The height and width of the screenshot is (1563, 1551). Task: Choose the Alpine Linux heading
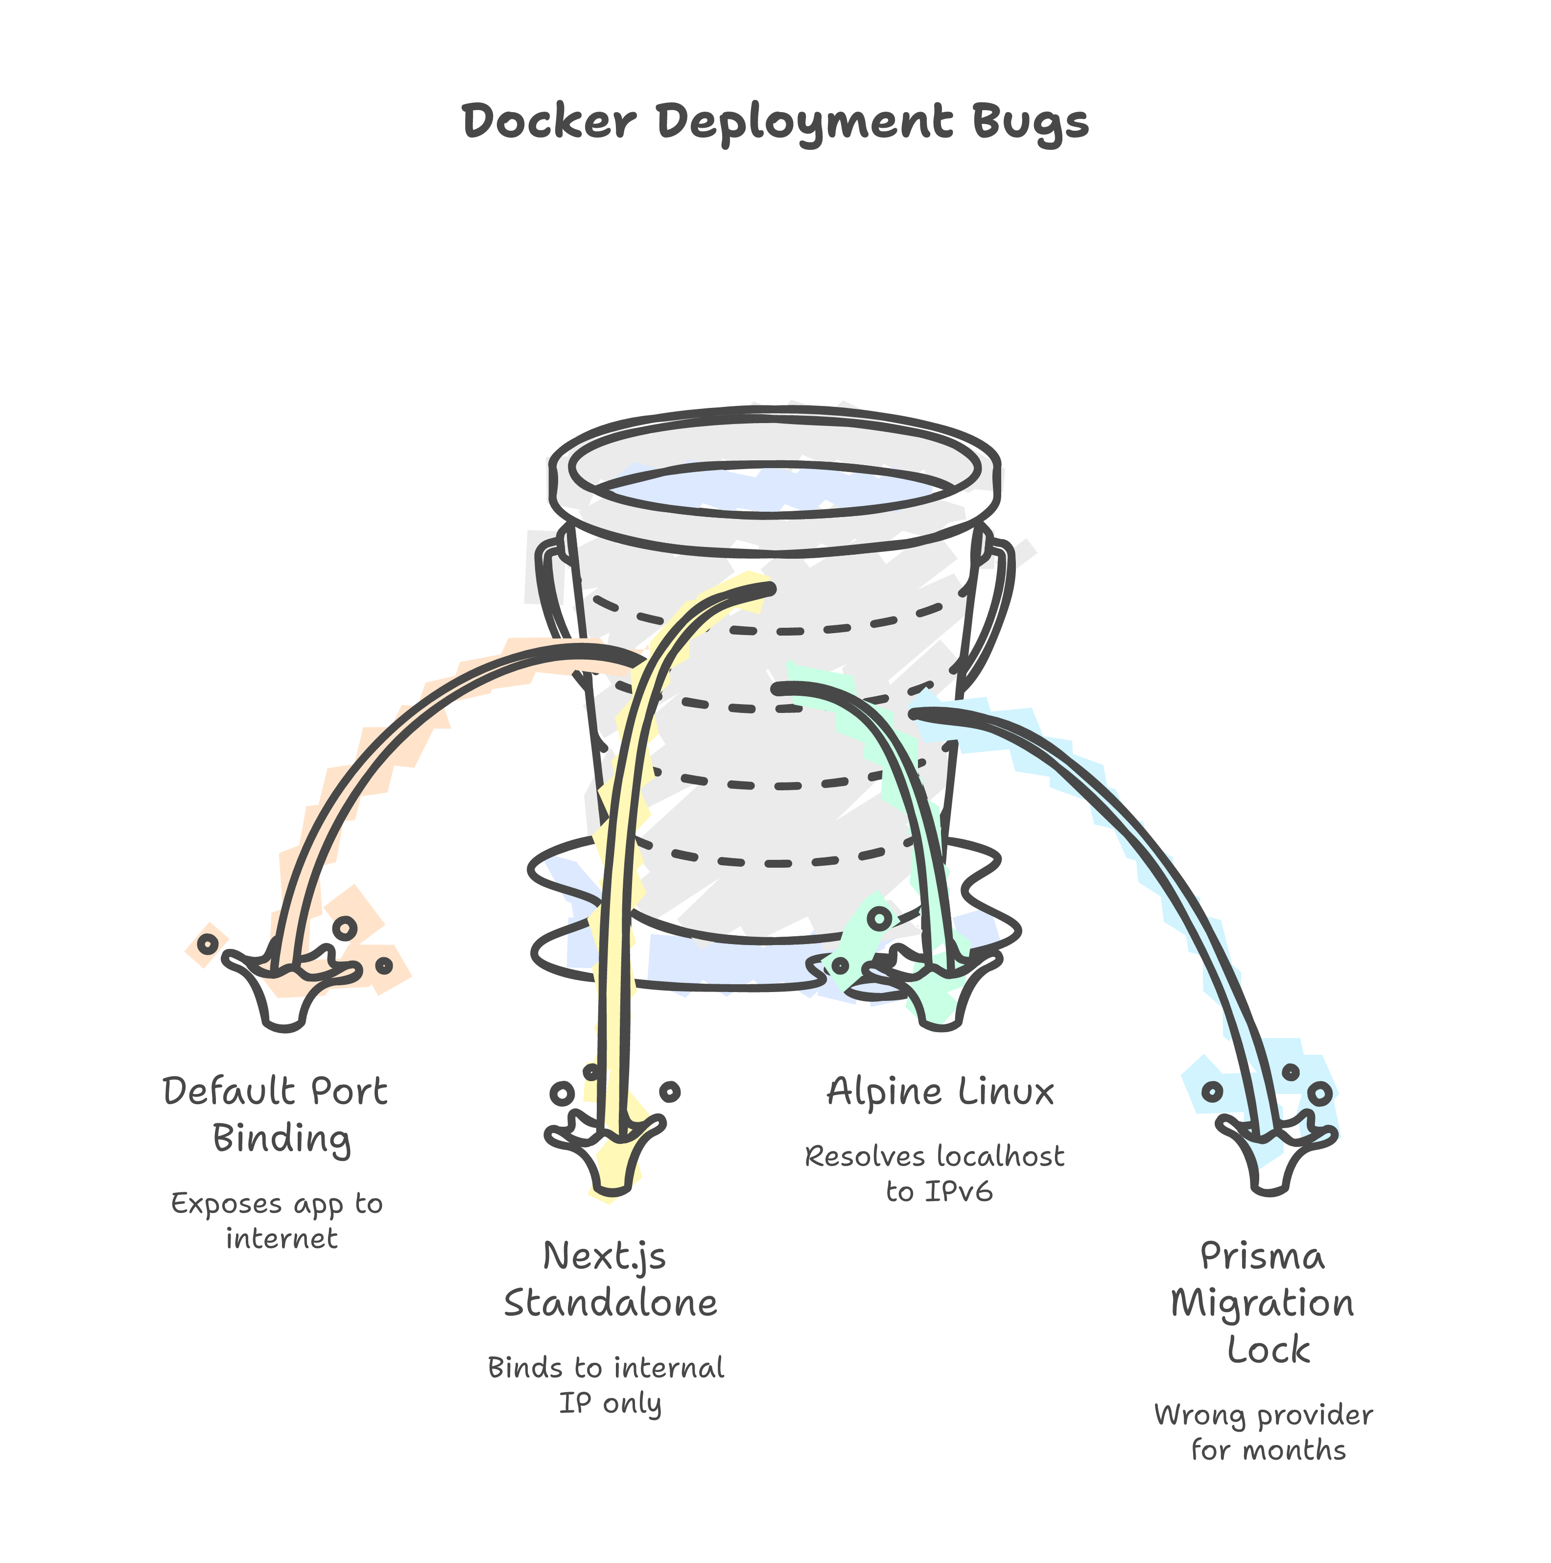pyautogui.click(x=940, y=1092)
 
